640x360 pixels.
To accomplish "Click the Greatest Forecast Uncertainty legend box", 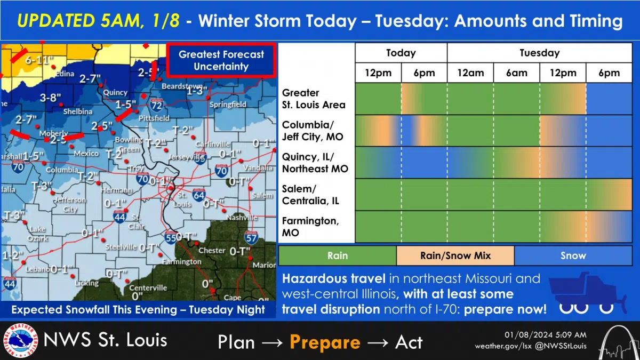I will pos(221,60).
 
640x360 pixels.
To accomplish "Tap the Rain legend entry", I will pos(337,255).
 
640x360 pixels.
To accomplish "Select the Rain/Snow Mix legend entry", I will pos(455,255).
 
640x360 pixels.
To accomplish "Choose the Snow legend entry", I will pos(573,255).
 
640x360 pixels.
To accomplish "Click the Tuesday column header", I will pos(539,53).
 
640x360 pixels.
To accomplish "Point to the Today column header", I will pos(401,53).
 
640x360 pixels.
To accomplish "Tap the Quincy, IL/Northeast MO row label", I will pos(315,163).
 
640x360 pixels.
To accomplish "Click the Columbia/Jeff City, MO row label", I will pos(313,131).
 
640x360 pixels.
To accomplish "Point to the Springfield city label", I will pos(228,105).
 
